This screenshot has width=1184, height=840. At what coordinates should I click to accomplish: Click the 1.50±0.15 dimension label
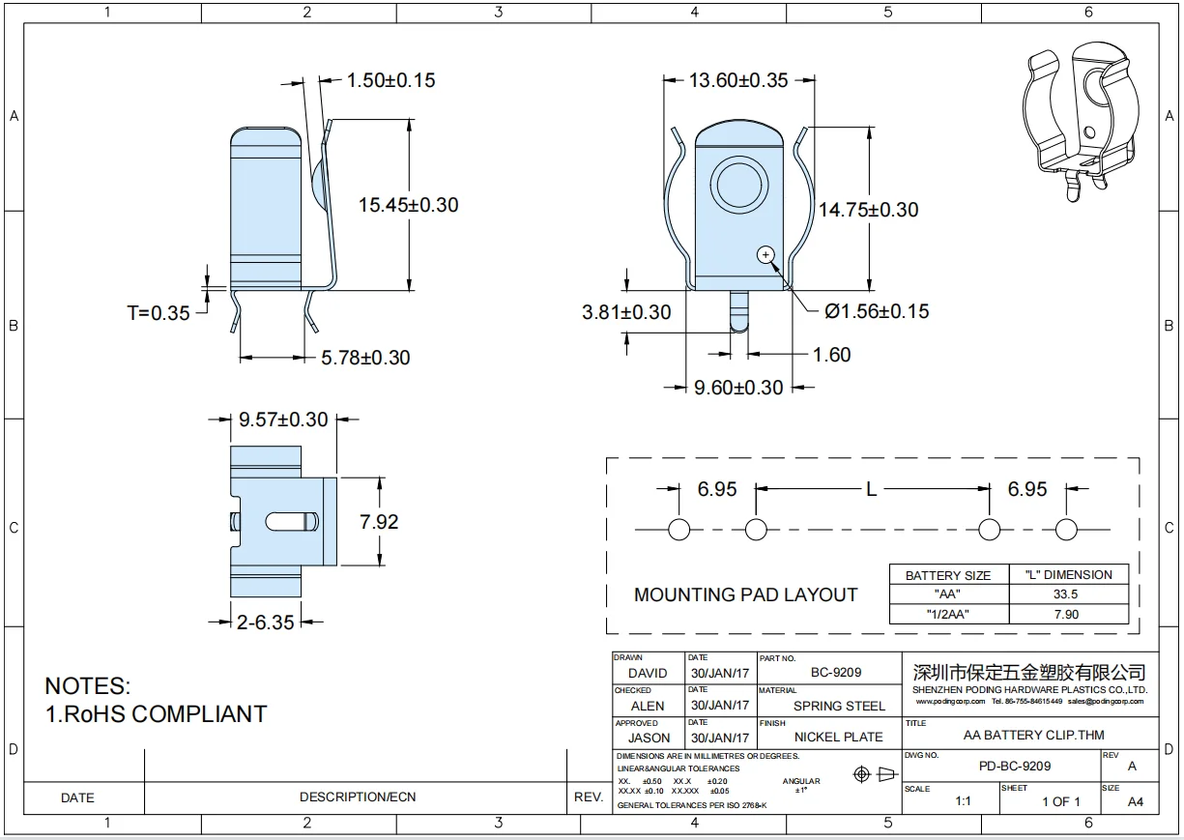pyautogui.click(x=390, y=80)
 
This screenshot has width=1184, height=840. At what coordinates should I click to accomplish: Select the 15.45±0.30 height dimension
pyautogui.click(x=408, y=205)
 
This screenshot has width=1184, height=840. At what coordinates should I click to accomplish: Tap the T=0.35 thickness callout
pyautogui.click(x=159, y=312)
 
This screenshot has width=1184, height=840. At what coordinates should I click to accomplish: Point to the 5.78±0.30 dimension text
pyautogui.click(x=364, y=358)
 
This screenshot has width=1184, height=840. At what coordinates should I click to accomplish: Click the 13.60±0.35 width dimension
pyautogui.click(x=738, y=80)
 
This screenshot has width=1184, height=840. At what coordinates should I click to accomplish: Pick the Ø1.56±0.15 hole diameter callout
pyautogui.click(x=876, y=311)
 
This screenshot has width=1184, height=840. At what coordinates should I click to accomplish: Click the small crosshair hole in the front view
pyautogui.click(x=765, y=254)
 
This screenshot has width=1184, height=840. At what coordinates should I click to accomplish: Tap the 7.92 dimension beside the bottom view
pyautogui.click(x=379, y=522)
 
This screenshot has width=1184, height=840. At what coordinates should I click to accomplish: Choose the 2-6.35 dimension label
pyautogui.click(x=265, y=623)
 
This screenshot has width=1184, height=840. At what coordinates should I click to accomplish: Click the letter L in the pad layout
pyautogui.click(x=871, y=489)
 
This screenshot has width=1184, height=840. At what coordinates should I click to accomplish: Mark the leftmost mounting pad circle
pyautogui.click(x=679, y=530)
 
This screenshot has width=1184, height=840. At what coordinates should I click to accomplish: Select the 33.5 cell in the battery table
pyautogui.click(x=1067, y=594)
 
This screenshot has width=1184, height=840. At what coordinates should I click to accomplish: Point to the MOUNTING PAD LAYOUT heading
pyautogui.click(x=745, y=594)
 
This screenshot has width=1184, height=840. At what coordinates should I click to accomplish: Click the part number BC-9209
pyautogui.click(x=836, y=673)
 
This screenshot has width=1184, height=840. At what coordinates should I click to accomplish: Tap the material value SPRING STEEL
pyautogui.click(x=839, y=706)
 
